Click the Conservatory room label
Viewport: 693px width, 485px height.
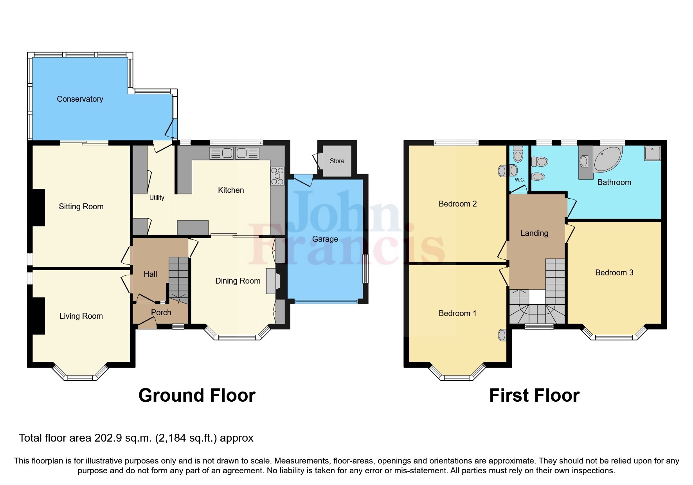[x=80, y=99]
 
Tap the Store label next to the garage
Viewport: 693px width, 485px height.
[x=337, y=161]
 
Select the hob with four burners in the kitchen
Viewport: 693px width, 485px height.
[x=277, y=176]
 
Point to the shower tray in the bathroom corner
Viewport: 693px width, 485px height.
[x=652, y=153]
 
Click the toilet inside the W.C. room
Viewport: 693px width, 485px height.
[x=518, y=154]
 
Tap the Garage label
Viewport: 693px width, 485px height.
[x=325, y=239]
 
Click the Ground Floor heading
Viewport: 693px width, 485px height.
[x=197, y=395]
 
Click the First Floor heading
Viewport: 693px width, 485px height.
[x=534, y=395]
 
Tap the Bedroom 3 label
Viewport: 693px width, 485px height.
[x=614, y=273]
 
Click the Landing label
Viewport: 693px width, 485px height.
[x=534, y=233]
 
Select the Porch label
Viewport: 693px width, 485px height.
[x=161, y=313]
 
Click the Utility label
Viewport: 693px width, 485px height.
[x=157, y=198]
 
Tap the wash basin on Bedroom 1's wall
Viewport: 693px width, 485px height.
[x=502, y=335]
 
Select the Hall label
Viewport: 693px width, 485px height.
[x=150, y=274]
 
